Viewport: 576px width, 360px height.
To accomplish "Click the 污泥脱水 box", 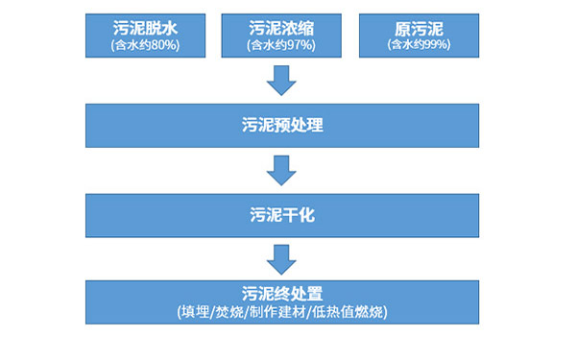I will pos(145,35).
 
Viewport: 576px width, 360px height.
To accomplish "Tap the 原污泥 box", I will pos(419,35).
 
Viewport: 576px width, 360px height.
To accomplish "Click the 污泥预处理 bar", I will pos(280,126).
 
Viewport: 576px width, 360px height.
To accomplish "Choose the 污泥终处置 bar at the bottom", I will pos(280,301).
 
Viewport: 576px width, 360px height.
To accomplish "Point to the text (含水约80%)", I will pos(145,45).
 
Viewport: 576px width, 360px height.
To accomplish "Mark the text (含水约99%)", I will pos(419,45).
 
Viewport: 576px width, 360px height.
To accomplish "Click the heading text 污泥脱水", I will pos(145,27).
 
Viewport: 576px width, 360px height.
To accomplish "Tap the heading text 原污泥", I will pos(419,27).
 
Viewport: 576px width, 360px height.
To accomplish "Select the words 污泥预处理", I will pos(280,126).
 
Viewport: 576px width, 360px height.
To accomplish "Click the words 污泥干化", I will pos(280,215).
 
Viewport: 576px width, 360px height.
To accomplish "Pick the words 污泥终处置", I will pos(280,293).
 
